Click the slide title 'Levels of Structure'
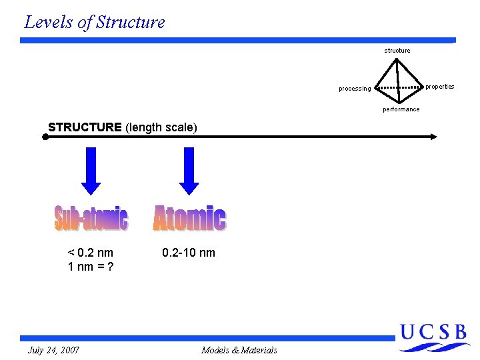(94, 22)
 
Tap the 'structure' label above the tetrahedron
(397, 51)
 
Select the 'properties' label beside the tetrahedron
(440, 87)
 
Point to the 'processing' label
(355, 89)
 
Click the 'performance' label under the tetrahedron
(401, 109)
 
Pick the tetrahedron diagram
(399, 83)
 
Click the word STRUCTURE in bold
(85, 127)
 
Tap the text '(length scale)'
(161, 127)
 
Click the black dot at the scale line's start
(45, 137)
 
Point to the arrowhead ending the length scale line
(433, 137)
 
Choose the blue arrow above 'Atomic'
(189, 171)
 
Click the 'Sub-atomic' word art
(91, 219)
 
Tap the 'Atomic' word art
(189, 219)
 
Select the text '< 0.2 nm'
(91, 253)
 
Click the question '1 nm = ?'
(91, 266)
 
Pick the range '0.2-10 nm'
(189, 253)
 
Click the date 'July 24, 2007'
(54, 350)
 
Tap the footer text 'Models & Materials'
(239, 350)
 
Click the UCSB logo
(433, 337)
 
